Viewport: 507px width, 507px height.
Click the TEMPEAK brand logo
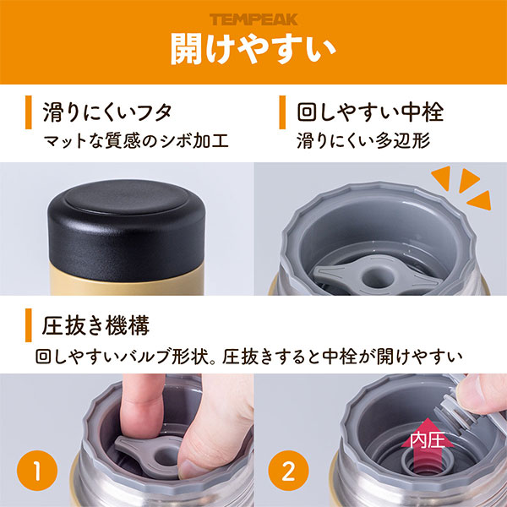(253, 19)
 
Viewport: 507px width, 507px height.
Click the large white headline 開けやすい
(253, 48)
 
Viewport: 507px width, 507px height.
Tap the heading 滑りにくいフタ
(107, 112)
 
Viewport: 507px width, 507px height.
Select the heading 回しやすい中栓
(370, 112)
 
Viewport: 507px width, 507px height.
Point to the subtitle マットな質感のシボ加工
(136, 141)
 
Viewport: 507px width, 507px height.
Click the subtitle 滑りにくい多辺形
(363, 141)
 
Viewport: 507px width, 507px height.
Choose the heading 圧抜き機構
(95, 325)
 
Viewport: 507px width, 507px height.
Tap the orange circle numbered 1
(37, 471)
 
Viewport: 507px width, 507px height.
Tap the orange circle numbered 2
(288, 471)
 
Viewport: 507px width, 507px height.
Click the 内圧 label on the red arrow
(428, 439)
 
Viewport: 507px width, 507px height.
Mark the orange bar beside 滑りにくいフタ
(29, 112)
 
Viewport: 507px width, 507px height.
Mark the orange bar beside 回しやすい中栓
(282, 112)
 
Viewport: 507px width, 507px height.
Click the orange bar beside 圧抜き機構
(29, 325)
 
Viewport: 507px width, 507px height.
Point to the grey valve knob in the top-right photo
(376, 275)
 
